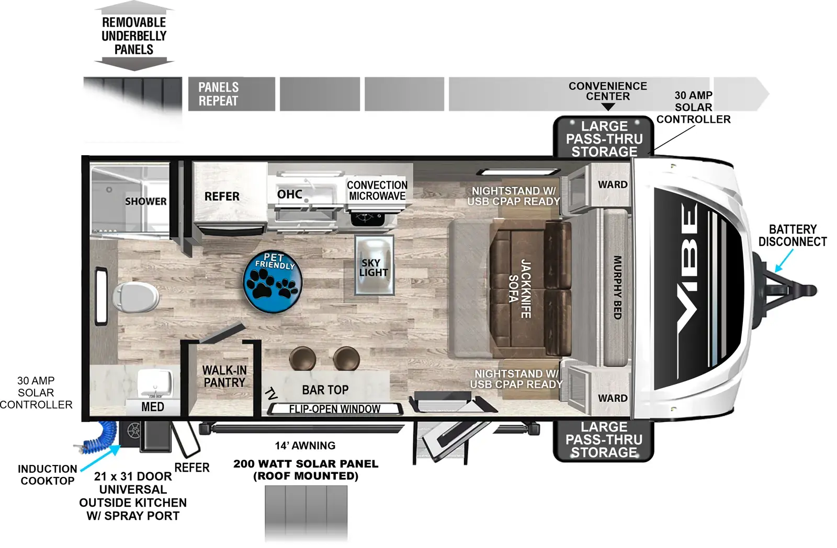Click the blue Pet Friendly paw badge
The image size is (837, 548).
(x=273, y=281)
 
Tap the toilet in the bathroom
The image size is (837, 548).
(x=136, y=297)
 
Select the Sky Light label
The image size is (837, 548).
(x=374, y=267)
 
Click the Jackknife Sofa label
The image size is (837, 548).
(x=520, y=289)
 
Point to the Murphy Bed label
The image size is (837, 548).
(x=617, y=287)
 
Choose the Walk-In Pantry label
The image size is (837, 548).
(x=224, y=376)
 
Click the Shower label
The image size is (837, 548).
(x=146, y=202)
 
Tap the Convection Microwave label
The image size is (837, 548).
(x=377, y=190)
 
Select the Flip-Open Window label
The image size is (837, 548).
(x=334, y=409)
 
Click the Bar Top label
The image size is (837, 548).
(x=325, y=390)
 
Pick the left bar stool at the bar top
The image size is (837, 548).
(x=303, y=358)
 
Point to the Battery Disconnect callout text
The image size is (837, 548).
(x=793, y=235)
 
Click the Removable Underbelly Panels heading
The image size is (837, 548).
(x=134, y=36)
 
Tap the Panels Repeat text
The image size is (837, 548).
(x=218, y=94)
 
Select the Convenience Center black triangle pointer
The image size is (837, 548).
(x=608, y=107)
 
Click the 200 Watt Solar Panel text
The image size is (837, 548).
(x=306, y=470)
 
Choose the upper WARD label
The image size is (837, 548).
(x=613, y=184)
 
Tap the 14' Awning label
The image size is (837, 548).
(x=305, y=446)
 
